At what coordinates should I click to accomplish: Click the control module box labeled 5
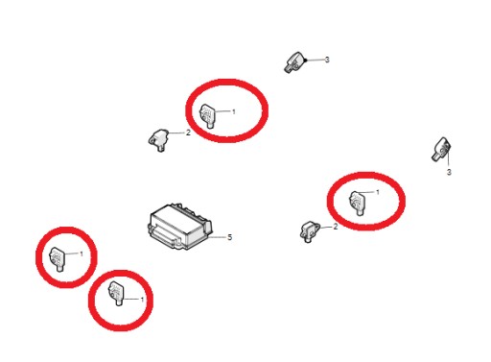pos(179,226)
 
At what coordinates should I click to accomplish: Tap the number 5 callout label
pos(229,237)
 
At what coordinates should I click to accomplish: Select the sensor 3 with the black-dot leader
pos(293,62)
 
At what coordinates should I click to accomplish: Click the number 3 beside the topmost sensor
pos(327,60)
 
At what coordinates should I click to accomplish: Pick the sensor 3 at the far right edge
pos(441,149)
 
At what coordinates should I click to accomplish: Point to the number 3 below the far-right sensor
pos(449,172)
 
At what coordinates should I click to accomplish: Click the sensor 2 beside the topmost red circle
pos(158,140)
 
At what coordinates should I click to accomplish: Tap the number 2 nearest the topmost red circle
pos(188,133)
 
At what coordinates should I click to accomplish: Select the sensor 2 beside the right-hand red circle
pos(310,231)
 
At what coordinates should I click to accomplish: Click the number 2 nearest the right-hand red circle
pos(336,227)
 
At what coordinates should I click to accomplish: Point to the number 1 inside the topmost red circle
pos(234,111)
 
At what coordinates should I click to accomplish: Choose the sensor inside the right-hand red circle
pos(358,203)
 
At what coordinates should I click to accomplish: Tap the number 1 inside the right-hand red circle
pos(378,192)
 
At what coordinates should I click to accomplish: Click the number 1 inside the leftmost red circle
pos(82,253)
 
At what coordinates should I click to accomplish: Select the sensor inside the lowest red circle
pos(116,293)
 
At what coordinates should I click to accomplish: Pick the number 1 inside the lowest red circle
pos(142,300)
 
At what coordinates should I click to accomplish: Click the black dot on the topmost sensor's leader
pos(306,60)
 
